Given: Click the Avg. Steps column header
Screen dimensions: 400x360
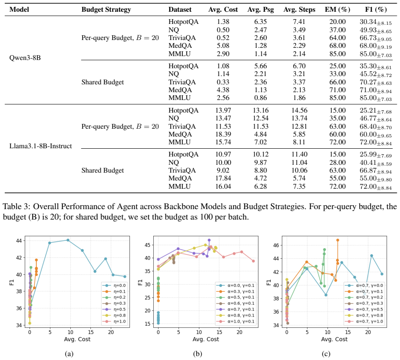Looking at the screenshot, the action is [x=299, y=10].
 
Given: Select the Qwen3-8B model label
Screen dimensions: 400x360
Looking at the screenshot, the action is [x=25, y=58].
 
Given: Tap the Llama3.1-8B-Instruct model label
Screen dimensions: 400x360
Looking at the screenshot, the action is [x=40, y=146].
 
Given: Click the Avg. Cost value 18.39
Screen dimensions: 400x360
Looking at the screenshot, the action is [x=223, y=134].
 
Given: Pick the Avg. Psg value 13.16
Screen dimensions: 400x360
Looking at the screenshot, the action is [x=261, y=110].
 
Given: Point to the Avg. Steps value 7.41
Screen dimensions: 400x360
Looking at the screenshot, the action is [x=299, y=22].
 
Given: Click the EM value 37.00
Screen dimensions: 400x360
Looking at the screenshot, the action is [x=337, y=30].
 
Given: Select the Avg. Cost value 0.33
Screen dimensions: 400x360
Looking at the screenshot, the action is [x=223, y=82].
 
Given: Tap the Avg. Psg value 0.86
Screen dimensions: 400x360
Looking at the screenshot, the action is [x=261, y=98].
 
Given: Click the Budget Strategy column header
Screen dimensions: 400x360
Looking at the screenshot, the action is [x=106, y=10].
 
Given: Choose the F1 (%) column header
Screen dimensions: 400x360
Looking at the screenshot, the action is [x=376, y=10].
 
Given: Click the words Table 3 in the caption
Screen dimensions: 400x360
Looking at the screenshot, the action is [x=16, y=206].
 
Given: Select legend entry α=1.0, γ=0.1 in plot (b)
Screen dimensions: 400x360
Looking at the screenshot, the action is [x=235, y=321].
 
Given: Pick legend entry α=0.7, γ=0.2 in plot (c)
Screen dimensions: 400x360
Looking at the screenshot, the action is [x=364, y=297].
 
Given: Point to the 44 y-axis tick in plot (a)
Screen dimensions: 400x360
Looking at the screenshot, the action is [x=18, y=240].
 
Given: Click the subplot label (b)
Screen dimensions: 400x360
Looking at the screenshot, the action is [x=198, y=353].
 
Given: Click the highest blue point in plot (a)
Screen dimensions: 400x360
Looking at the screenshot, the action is [x=68, y=240].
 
